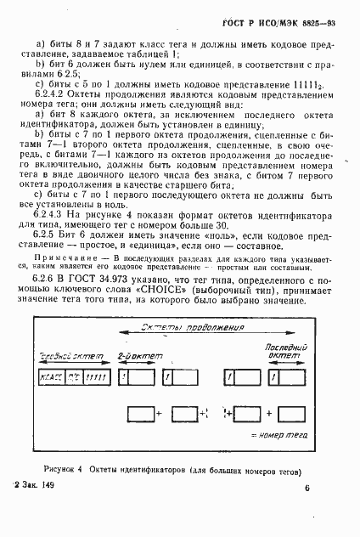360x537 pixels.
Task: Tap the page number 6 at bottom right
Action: [307, 489]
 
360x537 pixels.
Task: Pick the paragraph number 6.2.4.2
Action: [53, 98]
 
